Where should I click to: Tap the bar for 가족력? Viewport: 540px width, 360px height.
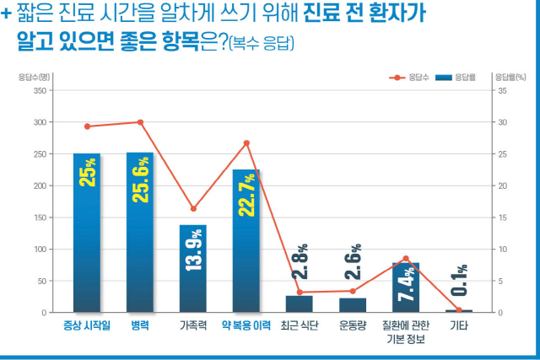click(x=193, y=268)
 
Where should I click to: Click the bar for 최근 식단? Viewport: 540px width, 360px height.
click(x=300, y=304)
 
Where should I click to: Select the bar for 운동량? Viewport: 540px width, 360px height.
click(x=353, y=305)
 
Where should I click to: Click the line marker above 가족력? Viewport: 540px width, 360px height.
click(x=193, y=208)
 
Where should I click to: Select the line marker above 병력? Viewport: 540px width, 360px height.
click(x=140, y=122)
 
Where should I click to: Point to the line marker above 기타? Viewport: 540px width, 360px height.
click(x=459, y=310)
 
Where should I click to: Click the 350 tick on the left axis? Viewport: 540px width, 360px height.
click(x=38, y=90)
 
